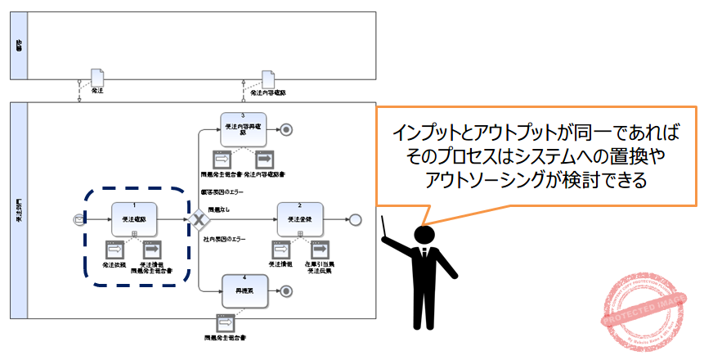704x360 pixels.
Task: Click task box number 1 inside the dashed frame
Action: click(134, 218)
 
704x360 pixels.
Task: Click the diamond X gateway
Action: click(197, 219)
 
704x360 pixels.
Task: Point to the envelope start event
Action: click(78, 219)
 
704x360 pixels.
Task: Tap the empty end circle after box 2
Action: click(354, 219)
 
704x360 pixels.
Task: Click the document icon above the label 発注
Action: click(96, 78)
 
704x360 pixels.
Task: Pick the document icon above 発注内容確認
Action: click(267, 78)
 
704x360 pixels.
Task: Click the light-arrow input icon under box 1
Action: click(114, 250)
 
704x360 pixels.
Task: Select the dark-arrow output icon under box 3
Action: click(264, 160)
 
